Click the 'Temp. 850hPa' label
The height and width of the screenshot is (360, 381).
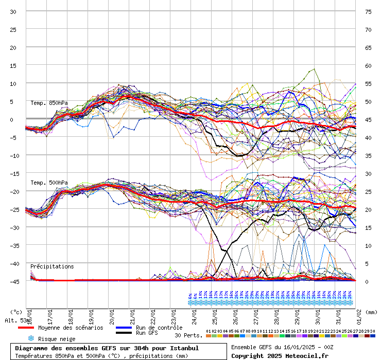point(49,103)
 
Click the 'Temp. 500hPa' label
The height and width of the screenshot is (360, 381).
point(49,183)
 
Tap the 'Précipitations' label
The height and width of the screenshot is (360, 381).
point(52,266)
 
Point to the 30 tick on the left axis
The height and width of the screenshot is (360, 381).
point(13,11)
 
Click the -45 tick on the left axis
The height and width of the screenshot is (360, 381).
point(13,281)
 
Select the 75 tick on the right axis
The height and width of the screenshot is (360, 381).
point(368,11)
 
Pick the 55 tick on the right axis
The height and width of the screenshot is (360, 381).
point(368,83)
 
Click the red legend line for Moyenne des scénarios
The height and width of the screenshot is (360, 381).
point(33,328)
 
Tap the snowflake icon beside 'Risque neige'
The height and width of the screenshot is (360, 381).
point(30,338)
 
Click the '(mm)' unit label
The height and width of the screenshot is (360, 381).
point(372,312)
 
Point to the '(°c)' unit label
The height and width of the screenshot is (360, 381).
point(16,312)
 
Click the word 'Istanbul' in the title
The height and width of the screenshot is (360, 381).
point(183,348)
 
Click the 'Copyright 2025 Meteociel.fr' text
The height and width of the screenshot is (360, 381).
point(280,355)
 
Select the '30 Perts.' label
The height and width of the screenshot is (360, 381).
point(188,335)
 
